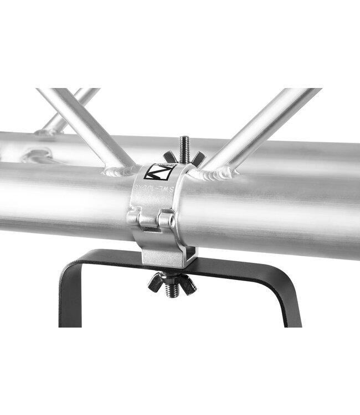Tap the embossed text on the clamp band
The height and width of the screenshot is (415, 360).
pos(155,189)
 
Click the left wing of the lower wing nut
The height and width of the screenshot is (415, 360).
pos(155,284)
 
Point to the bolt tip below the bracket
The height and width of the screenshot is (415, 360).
pos(172,293)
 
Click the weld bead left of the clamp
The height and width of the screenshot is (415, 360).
pos(119,170)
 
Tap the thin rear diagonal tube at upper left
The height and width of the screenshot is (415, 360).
pos(69,111)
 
